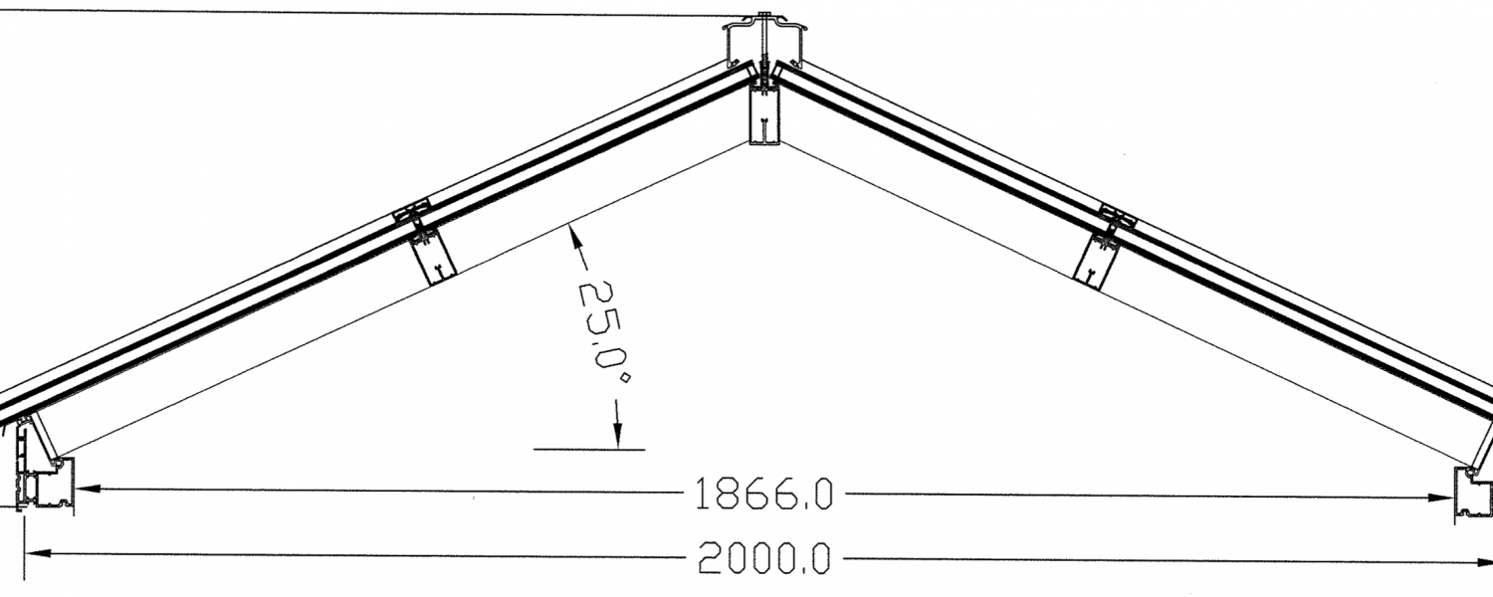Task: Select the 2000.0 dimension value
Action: pos(763,560)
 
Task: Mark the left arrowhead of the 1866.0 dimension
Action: pos(84,488)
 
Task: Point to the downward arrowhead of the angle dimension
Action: pos(617,437)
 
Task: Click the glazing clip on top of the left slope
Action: pos(416,211)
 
